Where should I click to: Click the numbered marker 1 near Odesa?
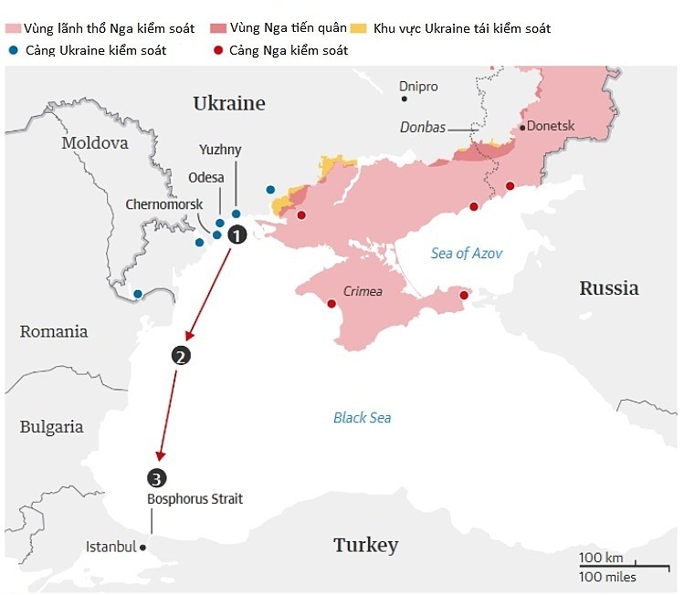tap(237, 235)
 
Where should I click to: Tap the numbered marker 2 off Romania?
tap(181, 356)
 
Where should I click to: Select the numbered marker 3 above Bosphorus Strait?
tap(156, 477)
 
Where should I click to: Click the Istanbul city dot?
tap(144, 548)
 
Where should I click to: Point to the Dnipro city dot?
tap(405, 99)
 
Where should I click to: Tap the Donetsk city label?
tap(552, 127)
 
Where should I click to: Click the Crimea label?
tap(363, 292)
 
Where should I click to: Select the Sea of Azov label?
tap(467, 254)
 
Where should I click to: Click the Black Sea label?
tap(362, 418)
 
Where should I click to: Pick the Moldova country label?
tap(95, 143)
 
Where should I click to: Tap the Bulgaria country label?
tap(51, 427)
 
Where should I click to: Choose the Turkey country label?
tap(365, 546)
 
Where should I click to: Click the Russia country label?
tap(609, 288)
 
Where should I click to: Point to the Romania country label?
tap(54, 331)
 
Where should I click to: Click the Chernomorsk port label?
tap(164, 204)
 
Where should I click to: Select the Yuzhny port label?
tap(220, 149)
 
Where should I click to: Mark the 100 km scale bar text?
tap(601, 558)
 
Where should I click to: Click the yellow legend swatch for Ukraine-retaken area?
tap(385, 29)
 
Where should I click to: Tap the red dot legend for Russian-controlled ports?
tap(216, 50)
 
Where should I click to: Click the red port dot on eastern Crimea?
tap(464, 295)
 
